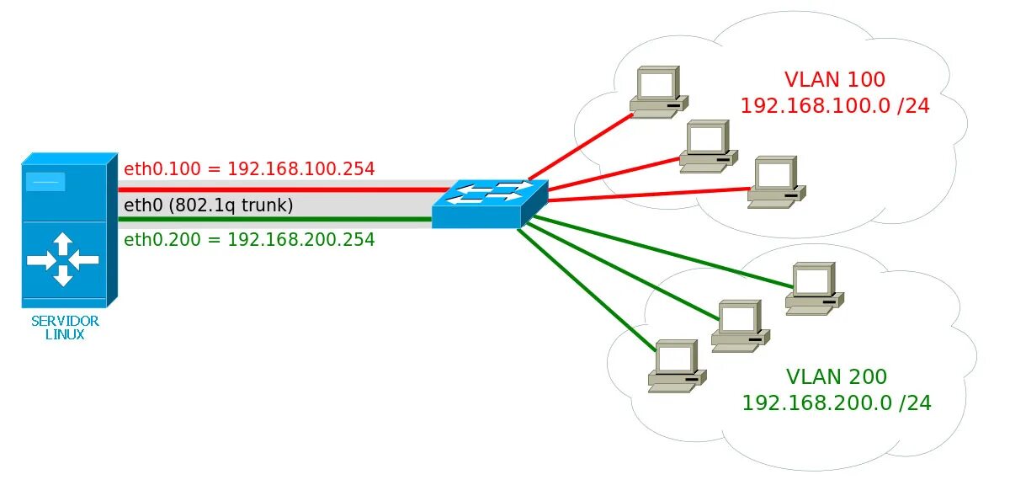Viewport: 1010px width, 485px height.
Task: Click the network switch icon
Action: [x=489, y=203]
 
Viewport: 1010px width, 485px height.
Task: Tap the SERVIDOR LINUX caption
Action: [x=65, y=328]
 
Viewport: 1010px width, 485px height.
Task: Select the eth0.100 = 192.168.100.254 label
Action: [x=249, y=168]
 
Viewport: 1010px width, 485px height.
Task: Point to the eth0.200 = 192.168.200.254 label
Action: [x=249, y=239]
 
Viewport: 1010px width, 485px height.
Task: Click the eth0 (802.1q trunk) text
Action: [x=208, y=205]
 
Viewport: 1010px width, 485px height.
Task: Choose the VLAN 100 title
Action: [x=834, y=80]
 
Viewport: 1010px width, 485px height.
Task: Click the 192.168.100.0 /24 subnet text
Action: [x=834, y=106]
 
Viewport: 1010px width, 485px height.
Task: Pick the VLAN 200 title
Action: [x=836, y=376]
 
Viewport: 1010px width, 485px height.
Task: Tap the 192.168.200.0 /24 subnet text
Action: [x=836, y=402]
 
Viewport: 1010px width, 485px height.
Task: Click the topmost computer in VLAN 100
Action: [x=659, y=93]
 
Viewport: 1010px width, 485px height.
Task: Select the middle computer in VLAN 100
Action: [x=709, y=146]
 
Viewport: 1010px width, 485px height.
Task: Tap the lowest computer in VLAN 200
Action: [x=676, y=366]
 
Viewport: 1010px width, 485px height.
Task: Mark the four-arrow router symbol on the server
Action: [x=62, y=259]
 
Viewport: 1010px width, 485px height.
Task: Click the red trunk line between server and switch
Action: [x=278, y=189]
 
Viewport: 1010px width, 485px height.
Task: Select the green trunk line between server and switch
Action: [x=278, y=220]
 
